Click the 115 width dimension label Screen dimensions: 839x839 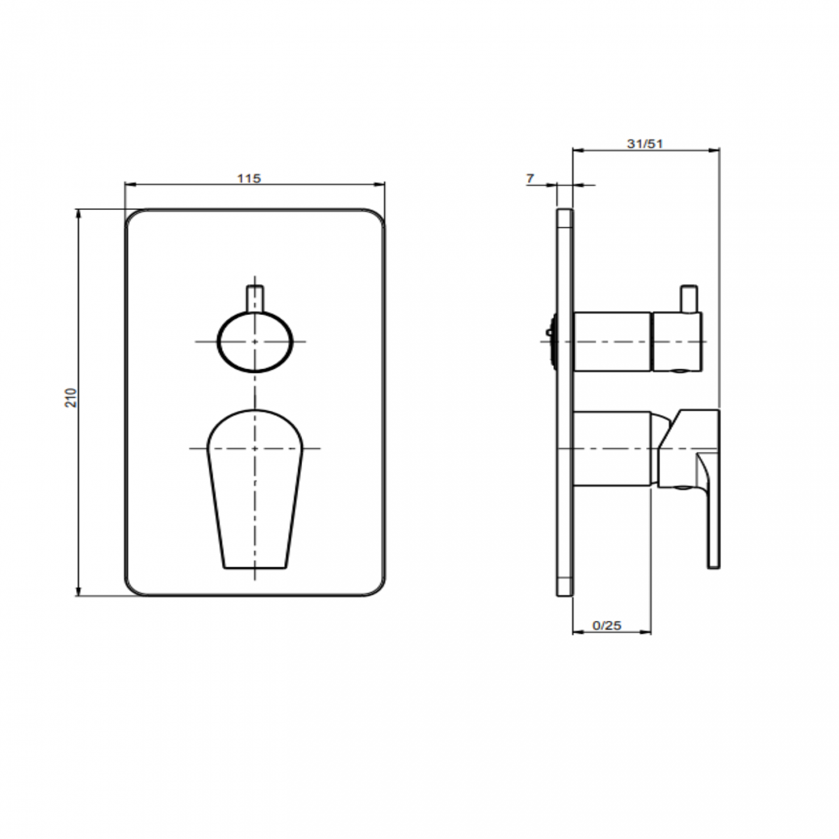tap(248, 178)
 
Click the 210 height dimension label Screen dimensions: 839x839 tap(71, 398)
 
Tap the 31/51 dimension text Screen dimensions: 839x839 tap(645, 144)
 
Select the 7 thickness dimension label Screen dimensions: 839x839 tap(530, 178)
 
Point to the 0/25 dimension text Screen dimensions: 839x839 tap(607, 625)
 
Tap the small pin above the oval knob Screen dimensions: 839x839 tap(255, 299)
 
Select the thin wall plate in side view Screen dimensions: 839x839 tap(565, 402)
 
